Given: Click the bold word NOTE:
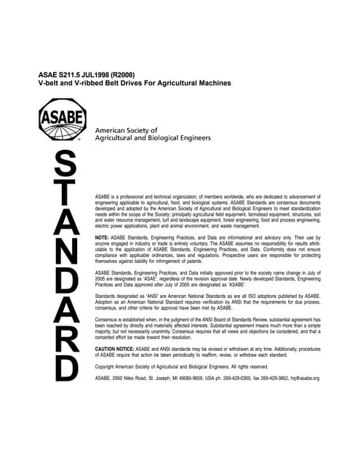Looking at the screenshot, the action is tap(103, 238).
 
